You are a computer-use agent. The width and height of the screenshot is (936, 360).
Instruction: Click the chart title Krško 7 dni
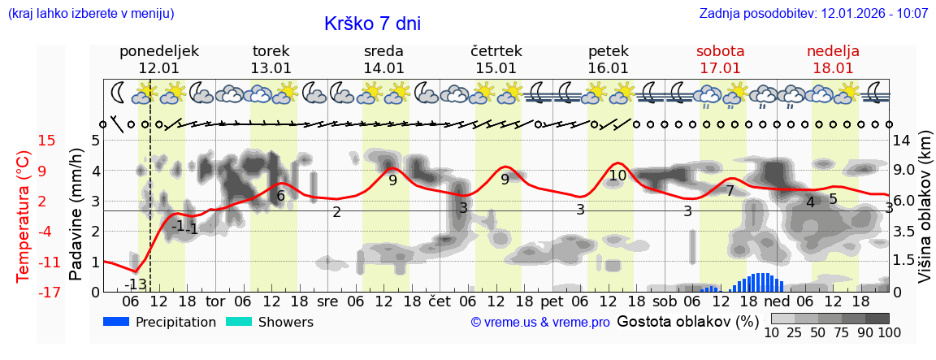[372, 24]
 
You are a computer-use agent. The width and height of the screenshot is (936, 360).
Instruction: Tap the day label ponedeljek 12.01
[158, 59]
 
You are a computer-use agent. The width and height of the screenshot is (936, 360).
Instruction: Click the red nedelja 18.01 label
[833, 59]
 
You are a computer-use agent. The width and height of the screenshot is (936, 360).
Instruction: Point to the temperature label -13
[136, 284]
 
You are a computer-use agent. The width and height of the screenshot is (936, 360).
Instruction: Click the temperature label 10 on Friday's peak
[617, 175]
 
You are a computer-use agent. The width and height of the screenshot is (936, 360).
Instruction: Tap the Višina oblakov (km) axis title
[925, 216]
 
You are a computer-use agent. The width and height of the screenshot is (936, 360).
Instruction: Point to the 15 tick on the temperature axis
[47, 141]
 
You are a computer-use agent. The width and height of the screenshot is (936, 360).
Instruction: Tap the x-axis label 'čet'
[440, 301]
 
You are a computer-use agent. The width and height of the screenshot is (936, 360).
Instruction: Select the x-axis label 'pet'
[552, 301]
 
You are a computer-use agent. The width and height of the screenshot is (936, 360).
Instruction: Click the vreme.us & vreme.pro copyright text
[540, 323]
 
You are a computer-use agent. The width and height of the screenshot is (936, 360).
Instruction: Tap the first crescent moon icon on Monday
[119, 92]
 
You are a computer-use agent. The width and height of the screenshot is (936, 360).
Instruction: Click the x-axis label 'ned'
[776, 301]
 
